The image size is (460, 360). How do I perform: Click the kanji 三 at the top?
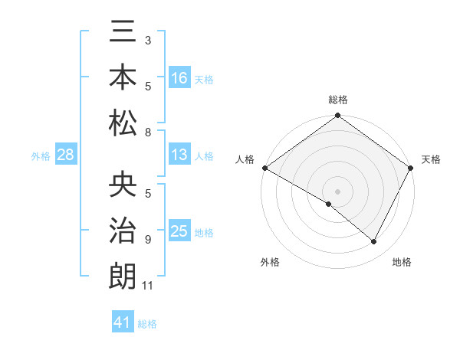(x=123, y=34)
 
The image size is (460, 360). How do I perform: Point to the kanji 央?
(x=123, y=186)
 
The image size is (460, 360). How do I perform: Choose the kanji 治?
(x=123, y=231)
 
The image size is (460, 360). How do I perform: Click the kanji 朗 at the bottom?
(x=123, y=275)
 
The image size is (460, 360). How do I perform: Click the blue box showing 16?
(x=179, y=78)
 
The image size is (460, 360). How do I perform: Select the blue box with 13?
(x=179, y=155)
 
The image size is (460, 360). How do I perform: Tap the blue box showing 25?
(x=179, y=231)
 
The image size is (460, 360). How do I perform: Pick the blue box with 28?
(x=66, y=155)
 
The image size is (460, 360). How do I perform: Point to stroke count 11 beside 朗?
(x=149, y=286)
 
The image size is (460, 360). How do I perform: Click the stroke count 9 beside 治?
(x=148, y=240)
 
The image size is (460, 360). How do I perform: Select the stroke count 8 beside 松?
(x=148, y=133)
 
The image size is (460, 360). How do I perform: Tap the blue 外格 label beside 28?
(x=41, y=156)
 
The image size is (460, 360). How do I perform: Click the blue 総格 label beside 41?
(x=147, y=323)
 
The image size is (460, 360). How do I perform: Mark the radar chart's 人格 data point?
(x=264, y=168)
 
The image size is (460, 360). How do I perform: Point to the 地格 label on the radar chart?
(x=402, y=262)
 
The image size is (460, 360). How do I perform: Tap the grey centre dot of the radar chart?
(x=337, y=191)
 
